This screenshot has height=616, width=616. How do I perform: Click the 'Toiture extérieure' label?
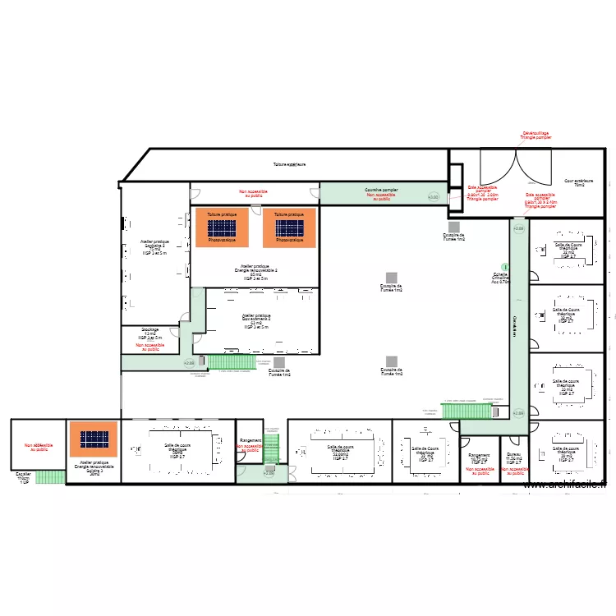point(290,164)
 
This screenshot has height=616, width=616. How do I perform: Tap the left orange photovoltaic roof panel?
point(221,228)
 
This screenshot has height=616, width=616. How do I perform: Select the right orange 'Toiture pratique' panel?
point(289,228)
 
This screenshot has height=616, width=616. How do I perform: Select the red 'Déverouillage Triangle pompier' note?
point(536,136)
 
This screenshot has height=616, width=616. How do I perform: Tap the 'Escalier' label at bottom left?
point(24,476)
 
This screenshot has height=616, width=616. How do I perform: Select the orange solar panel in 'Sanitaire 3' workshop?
point(94,439)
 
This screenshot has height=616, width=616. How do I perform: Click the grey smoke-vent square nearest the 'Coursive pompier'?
point(453,227)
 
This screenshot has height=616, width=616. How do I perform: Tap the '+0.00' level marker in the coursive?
point(433,197)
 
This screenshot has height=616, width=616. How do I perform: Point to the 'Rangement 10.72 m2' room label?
point(479,458)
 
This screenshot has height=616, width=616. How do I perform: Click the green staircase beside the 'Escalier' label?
point(51,476)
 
